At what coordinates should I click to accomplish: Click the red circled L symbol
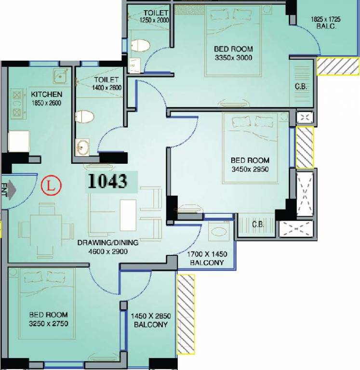(51, 185)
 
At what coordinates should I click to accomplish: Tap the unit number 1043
(107, 181)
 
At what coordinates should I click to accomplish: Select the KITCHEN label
(46, 94)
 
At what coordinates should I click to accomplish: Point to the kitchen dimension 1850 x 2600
(46, 103)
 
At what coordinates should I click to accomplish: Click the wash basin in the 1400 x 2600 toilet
(82, 147)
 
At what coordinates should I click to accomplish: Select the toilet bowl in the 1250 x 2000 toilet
(140, 46)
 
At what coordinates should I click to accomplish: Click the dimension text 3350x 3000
(233, 58)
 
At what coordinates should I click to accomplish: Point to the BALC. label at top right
(326, 26)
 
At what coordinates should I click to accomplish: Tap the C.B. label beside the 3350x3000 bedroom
(301, 87)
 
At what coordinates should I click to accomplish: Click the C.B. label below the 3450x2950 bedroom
(258, 224)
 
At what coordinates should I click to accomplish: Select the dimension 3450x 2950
(250, 169)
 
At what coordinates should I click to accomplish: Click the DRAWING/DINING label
(107, 243)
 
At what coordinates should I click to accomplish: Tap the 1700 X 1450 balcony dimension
(207, 254)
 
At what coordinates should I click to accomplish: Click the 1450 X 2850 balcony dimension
(151, 316)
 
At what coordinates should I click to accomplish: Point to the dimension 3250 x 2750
(49, 324)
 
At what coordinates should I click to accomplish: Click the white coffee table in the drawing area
(128, 215)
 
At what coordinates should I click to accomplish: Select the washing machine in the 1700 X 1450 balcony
(219, 231)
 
